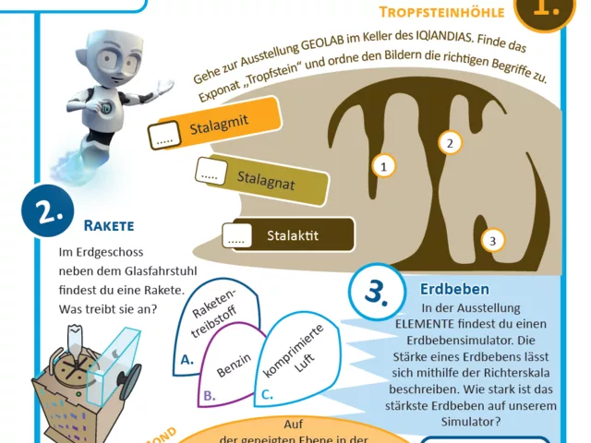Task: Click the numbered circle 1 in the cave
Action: point(383,166)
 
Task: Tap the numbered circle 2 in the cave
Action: point(450,142)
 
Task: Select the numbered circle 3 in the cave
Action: point(492,241)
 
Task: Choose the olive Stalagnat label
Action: point(263,178)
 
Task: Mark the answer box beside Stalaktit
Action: point(237,236)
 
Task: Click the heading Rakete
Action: point(109,224)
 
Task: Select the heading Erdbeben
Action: point(454,289)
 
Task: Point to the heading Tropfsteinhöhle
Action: point(441,12)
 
